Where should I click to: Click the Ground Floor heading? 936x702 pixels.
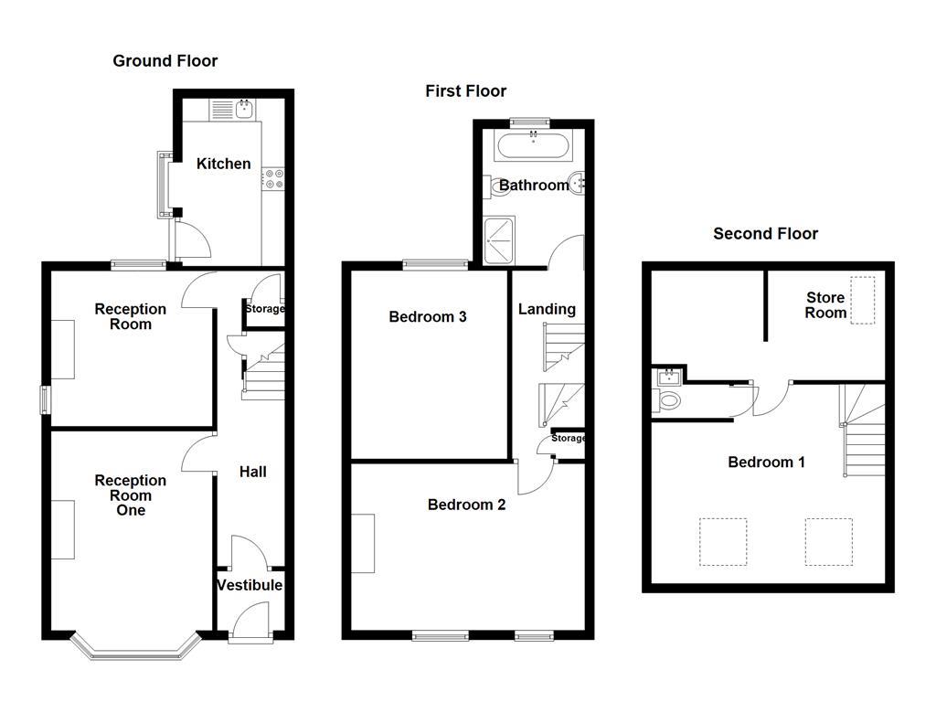[x=165, y=61]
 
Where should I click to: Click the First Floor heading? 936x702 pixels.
[x=465, y=90]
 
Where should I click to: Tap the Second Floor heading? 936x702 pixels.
[x=765, y=233]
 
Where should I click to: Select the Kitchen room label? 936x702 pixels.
[x=223, y=164]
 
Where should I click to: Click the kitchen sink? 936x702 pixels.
[x=244, y=110]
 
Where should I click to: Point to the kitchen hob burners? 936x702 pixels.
[x=273, y=177]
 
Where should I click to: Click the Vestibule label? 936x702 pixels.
[x=250, y=585]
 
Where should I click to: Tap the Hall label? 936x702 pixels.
[x=253, y=472]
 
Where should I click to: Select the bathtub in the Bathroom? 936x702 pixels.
[x=533, y=144]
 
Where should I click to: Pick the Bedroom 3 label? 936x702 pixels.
[x=428, y=317]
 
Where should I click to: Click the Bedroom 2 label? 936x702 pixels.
[x=466, y=504]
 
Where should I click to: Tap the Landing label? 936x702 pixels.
[x=547, y=309]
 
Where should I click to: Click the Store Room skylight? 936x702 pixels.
[x=862, y=300]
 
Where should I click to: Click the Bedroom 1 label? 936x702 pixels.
[x=766, y=462]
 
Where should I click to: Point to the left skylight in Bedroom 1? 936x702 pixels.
[x=723, y=541]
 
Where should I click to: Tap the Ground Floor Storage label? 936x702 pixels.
[x=264, y=309]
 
